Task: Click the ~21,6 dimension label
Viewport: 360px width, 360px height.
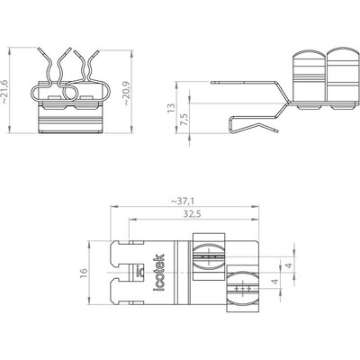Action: click(x=4, y=92)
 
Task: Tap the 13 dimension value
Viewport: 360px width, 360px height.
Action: click(x=171, y=108)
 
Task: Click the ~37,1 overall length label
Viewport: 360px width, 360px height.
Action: click(x=182, y=202)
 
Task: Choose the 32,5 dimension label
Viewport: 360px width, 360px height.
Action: click(x=192, y=214)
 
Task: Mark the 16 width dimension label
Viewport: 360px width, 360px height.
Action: click(x=84, y=273)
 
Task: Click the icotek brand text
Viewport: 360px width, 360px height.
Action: click(x=158, y=273)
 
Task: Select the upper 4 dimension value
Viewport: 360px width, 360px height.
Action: click(x=289, y=265)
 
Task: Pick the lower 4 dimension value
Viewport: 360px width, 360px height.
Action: click(x=275, y=282)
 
